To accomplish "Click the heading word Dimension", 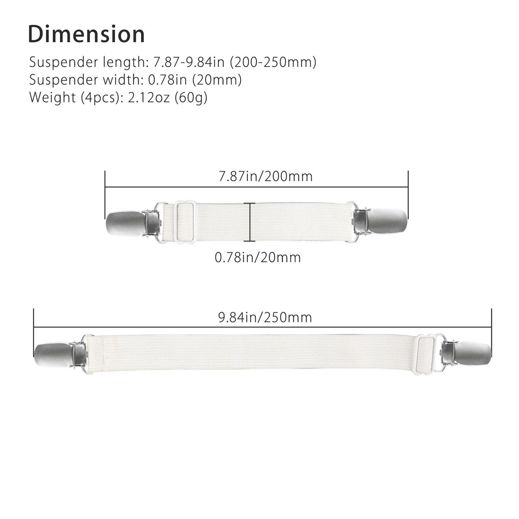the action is (x=86, y=34).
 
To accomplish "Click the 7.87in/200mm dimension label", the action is (x=265, y=177).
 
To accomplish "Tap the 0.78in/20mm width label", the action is (x=257, y=257).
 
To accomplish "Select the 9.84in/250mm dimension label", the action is (x=265, y=317).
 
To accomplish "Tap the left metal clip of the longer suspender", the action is (x=61, y=353).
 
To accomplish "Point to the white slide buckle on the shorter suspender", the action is (x=185, y=222).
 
